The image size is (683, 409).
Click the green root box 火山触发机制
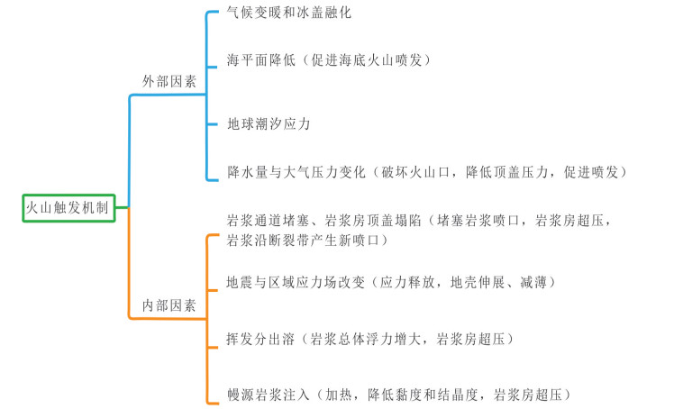pyautogui.click(x=68, y=208)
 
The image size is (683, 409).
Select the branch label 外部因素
pyautogui.click(x=169, y=81)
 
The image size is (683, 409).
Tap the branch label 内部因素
pyautogui.click(x=169, y=305)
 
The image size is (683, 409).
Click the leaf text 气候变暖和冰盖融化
pyautogui.click(x=289, y=13)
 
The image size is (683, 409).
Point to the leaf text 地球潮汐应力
pyautogui.click(x=269, y=124)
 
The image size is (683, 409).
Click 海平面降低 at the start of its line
pyautogui.click(x=261, y=60)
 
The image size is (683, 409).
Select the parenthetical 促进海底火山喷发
pyautogui.click(x=367, y=60)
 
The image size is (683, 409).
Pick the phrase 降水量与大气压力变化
pyautogui.click(x=296, y=172)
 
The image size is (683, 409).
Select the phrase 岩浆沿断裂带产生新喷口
pyautogui.click(x=303, y=240)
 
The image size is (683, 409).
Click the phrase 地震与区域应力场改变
pyautogui.click(x=296, y=283)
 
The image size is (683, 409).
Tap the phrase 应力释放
pyautogui.click(x=407, y=283)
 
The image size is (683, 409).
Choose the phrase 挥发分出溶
pyautogui.click(x=260, y=340)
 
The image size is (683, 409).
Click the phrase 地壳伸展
pyautogui.click(x=478, y=283)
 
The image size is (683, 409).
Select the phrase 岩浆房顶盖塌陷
pyautogui.click(x=373, y=221)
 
